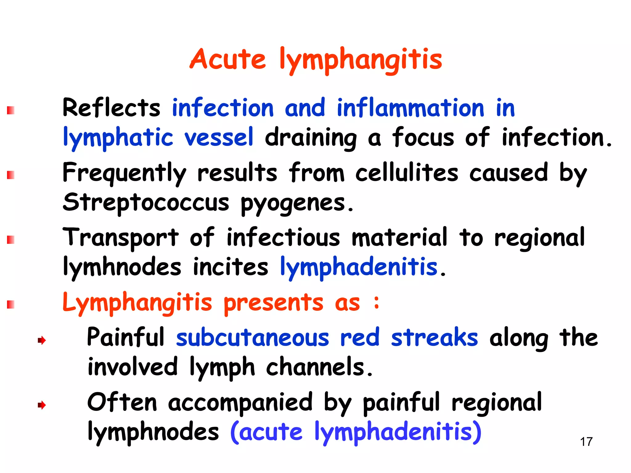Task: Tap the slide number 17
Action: pos(586,442)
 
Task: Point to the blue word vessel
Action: pos(219,137)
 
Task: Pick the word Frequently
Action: pos(124,173)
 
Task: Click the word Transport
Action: pos(120,238)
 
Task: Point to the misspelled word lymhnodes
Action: pos(122,267)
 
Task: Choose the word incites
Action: pos(230,267)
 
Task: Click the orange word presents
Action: pos(273,302)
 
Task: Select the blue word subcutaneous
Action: pos(252,338)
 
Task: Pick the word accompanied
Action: pos(240,403)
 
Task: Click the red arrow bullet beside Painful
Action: pos(42,340)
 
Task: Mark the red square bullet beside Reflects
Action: pos(11,110)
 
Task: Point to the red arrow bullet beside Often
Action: pos(42,405)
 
